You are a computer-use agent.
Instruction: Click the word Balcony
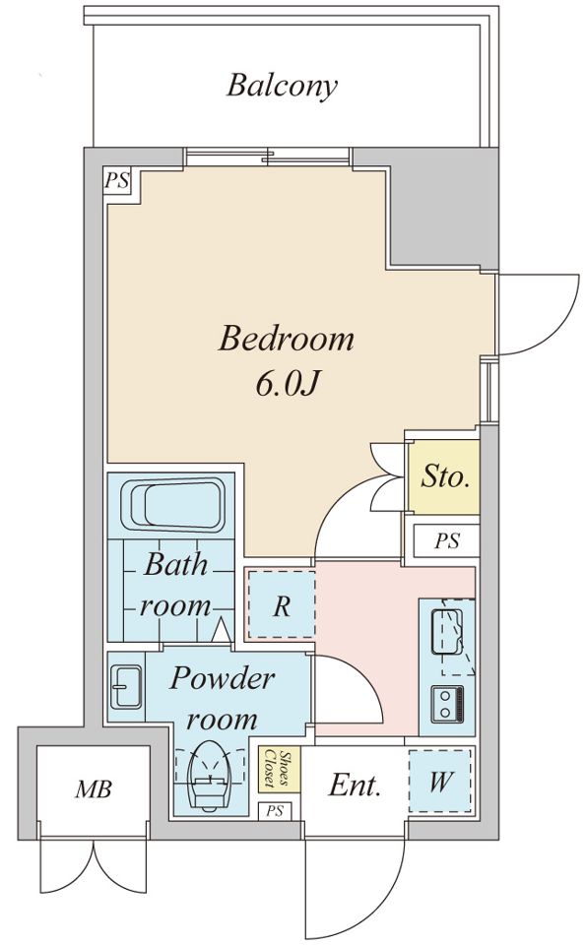point(282,87)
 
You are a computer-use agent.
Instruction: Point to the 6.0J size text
point(287,383)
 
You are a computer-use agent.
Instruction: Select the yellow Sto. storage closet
point(444,476)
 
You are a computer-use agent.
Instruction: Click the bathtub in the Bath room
point(173,504)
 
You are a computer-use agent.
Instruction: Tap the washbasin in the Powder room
point(126,687)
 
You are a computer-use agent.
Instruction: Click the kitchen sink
point(447,631)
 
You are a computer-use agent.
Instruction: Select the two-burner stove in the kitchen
point(447,703)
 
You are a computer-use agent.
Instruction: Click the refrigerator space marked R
point(282,604)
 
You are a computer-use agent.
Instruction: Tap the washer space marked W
point(440,781)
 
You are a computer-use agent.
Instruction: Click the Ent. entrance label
point(355,786)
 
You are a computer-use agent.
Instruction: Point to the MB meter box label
point(94,788)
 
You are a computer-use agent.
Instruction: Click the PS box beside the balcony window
point(118,179)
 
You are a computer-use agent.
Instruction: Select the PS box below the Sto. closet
point(447,540)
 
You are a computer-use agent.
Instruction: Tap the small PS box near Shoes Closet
point(275,811)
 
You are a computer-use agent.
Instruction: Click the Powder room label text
point(222,699)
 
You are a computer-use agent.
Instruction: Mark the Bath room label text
point(175,585)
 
